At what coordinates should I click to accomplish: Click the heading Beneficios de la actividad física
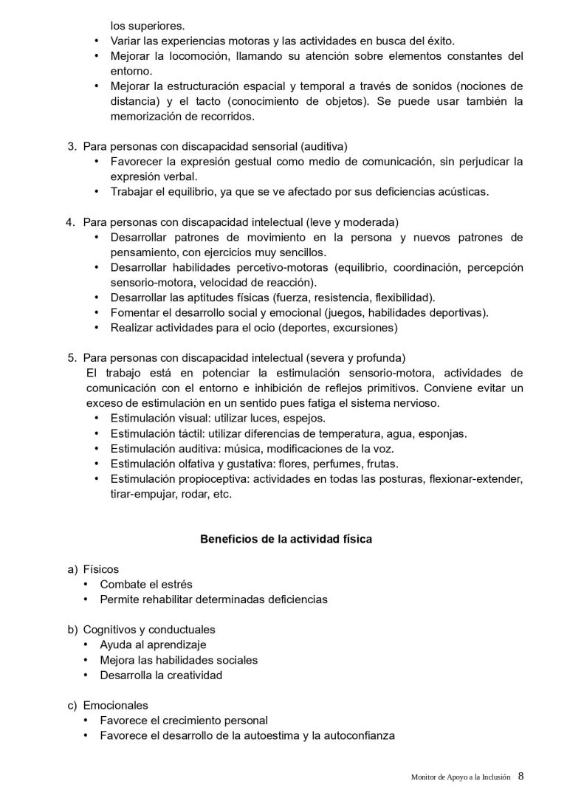[x=286, y=540]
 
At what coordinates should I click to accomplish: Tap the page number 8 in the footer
[x=521, y=776]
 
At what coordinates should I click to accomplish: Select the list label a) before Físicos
[x=72, y=569]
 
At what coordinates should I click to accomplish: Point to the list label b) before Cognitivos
[x=72, y=630]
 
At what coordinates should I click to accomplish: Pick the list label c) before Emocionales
[x=72, y=705]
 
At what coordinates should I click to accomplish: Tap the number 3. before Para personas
[x=72, y=146]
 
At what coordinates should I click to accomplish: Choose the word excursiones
[x=363, y=327]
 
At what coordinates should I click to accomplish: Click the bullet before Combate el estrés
[x=88, y=585]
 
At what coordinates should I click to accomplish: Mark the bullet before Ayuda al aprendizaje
[x=88, y=644]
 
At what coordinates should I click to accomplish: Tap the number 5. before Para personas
[x=72, y=357]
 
